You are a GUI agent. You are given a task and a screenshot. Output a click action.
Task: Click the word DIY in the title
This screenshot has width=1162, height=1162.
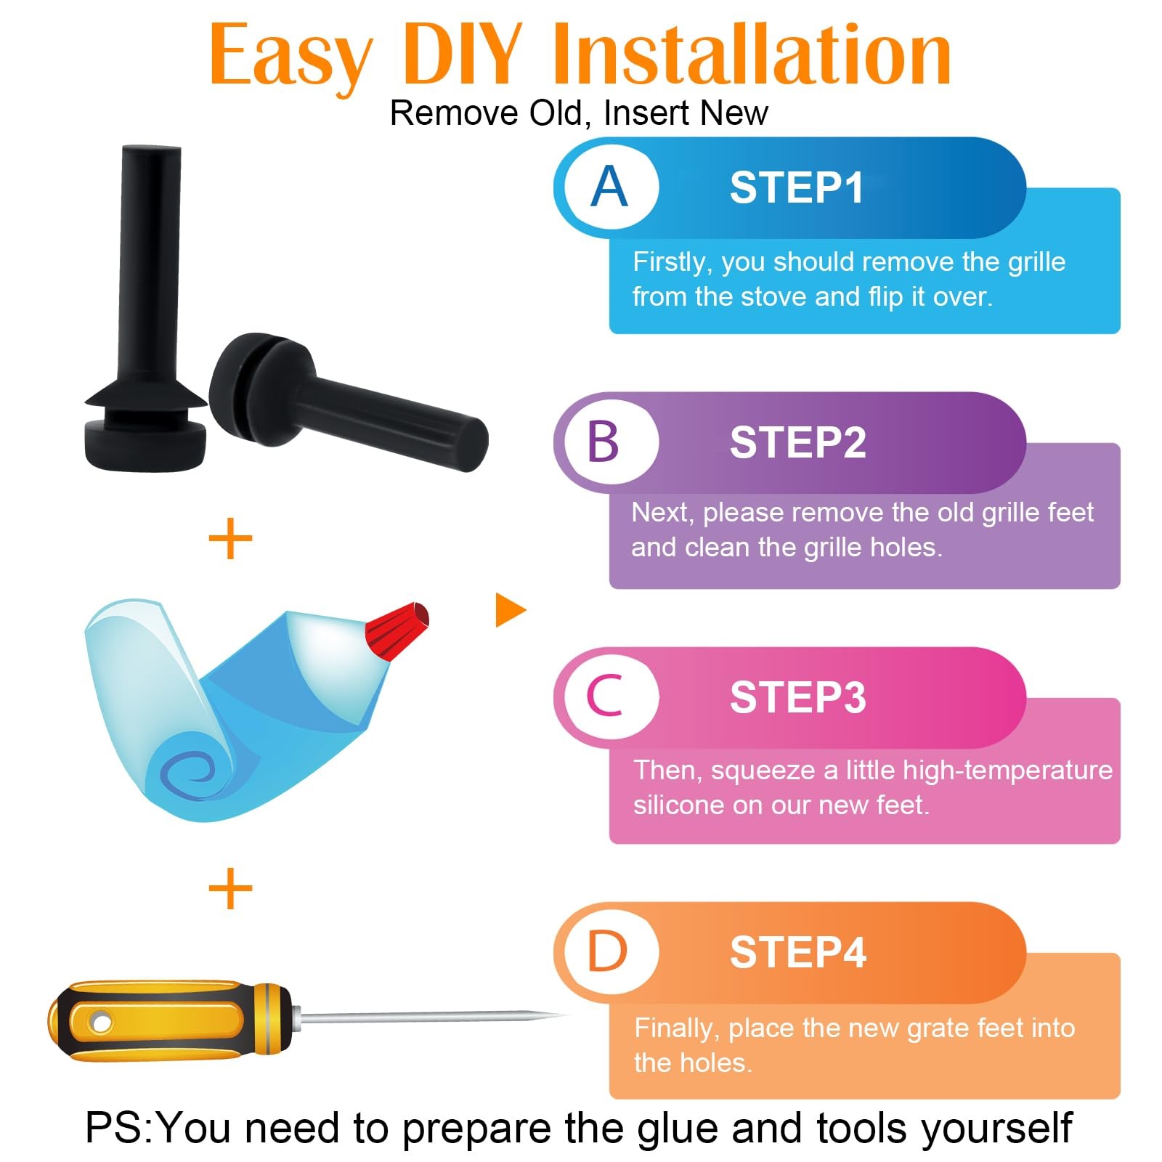point(462,54)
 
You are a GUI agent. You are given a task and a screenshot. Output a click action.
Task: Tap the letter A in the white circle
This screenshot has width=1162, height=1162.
point(609,187)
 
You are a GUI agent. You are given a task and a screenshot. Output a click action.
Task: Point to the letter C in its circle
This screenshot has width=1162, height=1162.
point(605,696)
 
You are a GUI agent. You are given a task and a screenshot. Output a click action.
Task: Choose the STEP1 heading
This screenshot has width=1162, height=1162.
point(797,187)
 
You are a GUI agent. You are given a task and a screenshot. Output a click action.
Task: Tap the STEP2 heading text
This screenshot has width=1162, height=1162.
point(798,442)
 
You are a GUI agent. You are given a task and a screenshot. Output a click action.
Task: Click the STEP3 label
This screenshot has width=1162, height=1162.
point(798,697)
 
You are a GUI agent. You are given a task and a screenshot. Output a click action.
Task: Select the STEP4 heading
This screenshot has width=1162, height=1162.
point(798,952)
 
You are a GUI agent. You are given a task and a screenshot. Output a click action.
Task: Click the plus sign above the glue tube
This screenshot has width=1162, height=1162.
point(230,538)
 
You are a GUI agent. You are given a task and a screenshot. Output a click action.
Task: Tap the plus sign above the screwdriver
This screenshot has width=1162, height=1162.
point(230,887)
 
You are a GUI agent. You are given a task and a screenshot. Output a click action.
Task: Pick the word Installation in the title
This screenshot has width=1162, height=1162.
point(752,54)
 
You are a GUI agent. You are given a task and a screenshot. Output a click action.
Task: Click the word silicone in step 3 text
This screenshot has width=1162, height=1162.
point(679,805)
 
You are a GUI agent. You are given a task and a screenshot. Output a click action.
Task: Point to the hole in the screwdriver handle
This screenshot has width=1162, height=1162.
point(101,1023)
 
